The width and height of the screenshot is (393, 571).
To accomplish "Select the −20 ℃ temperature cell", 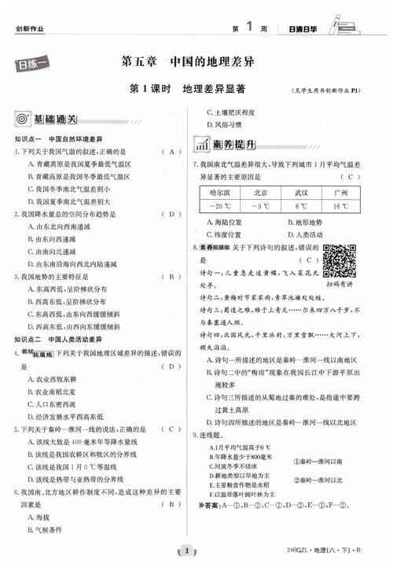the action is coord(221,206).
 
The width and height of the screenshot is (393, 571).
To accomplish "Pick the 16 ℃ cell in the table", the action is coord(340,206).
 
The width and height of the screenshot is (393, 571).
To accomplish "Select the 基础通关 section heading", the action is coord(56,120).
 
